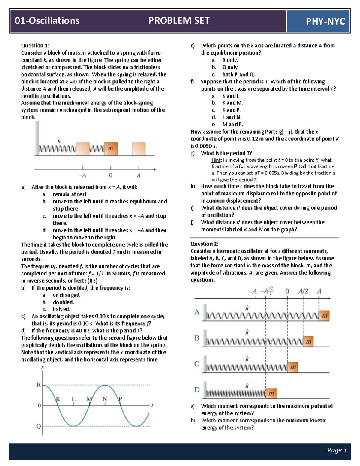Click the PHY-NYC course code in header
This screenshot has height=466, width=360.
325,21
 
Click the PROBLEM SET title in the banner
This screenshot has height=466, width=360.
179,20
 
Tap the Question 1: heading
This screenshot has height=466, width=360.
35,46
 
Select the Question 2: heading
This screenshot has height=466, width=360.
205,244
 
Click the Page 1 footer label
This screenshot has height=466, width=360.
337,450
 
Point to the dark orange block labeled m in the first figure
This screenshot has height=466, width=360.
111,149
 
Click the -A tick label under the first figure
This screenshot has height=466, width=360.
82,176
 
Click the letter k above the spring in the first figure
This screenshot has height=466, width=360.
59,140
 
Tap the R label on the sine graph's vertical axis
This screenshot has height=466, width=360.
39,385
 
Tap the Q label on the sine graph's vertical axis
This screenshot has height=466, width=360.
39,426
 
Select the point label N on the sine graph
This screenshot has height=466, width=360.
105,399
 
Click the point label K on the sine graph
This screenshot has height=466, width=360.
58,399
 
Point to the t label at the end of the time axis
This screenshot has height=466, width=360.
152,406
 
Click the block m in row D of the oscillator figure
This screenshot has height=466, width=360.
271,393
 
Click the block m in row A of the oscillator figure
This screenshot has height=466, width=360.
324,316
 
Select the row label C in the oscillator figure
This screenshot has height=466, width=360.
197,364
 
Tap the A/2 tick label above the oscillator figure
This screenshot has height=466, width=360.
303,291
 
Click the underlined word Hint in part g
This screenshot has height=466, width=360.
216,160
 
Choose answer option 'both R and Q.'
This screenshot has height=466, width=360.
238,74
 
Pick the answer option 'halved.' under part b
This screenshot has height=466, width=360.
61,309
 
